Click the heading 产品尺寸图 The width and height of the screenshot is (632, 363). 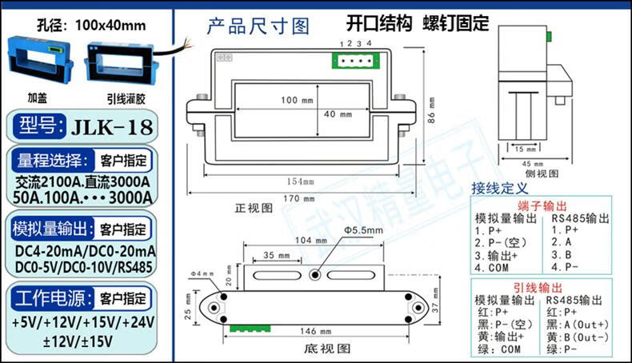coord(258,27)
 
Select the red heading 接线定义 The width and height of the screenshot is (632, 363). coord(500,189)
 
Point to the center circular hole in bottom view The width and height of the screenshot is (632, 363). coord(315,275)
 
